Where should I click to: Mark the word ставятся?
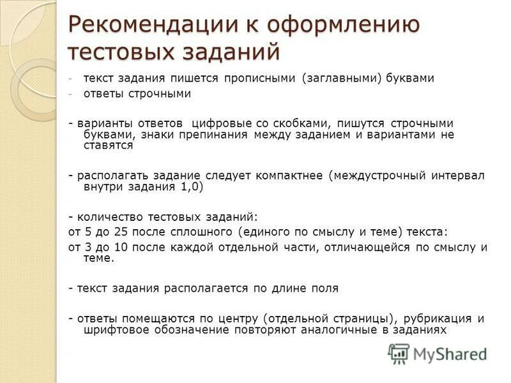point(108,145)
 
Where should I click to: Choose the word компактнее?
point(290,175)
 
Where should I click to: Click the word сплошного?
point(203,231)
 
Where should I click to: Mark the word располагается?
point(207,288)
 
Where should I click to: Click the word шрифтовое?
point(113,329)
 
